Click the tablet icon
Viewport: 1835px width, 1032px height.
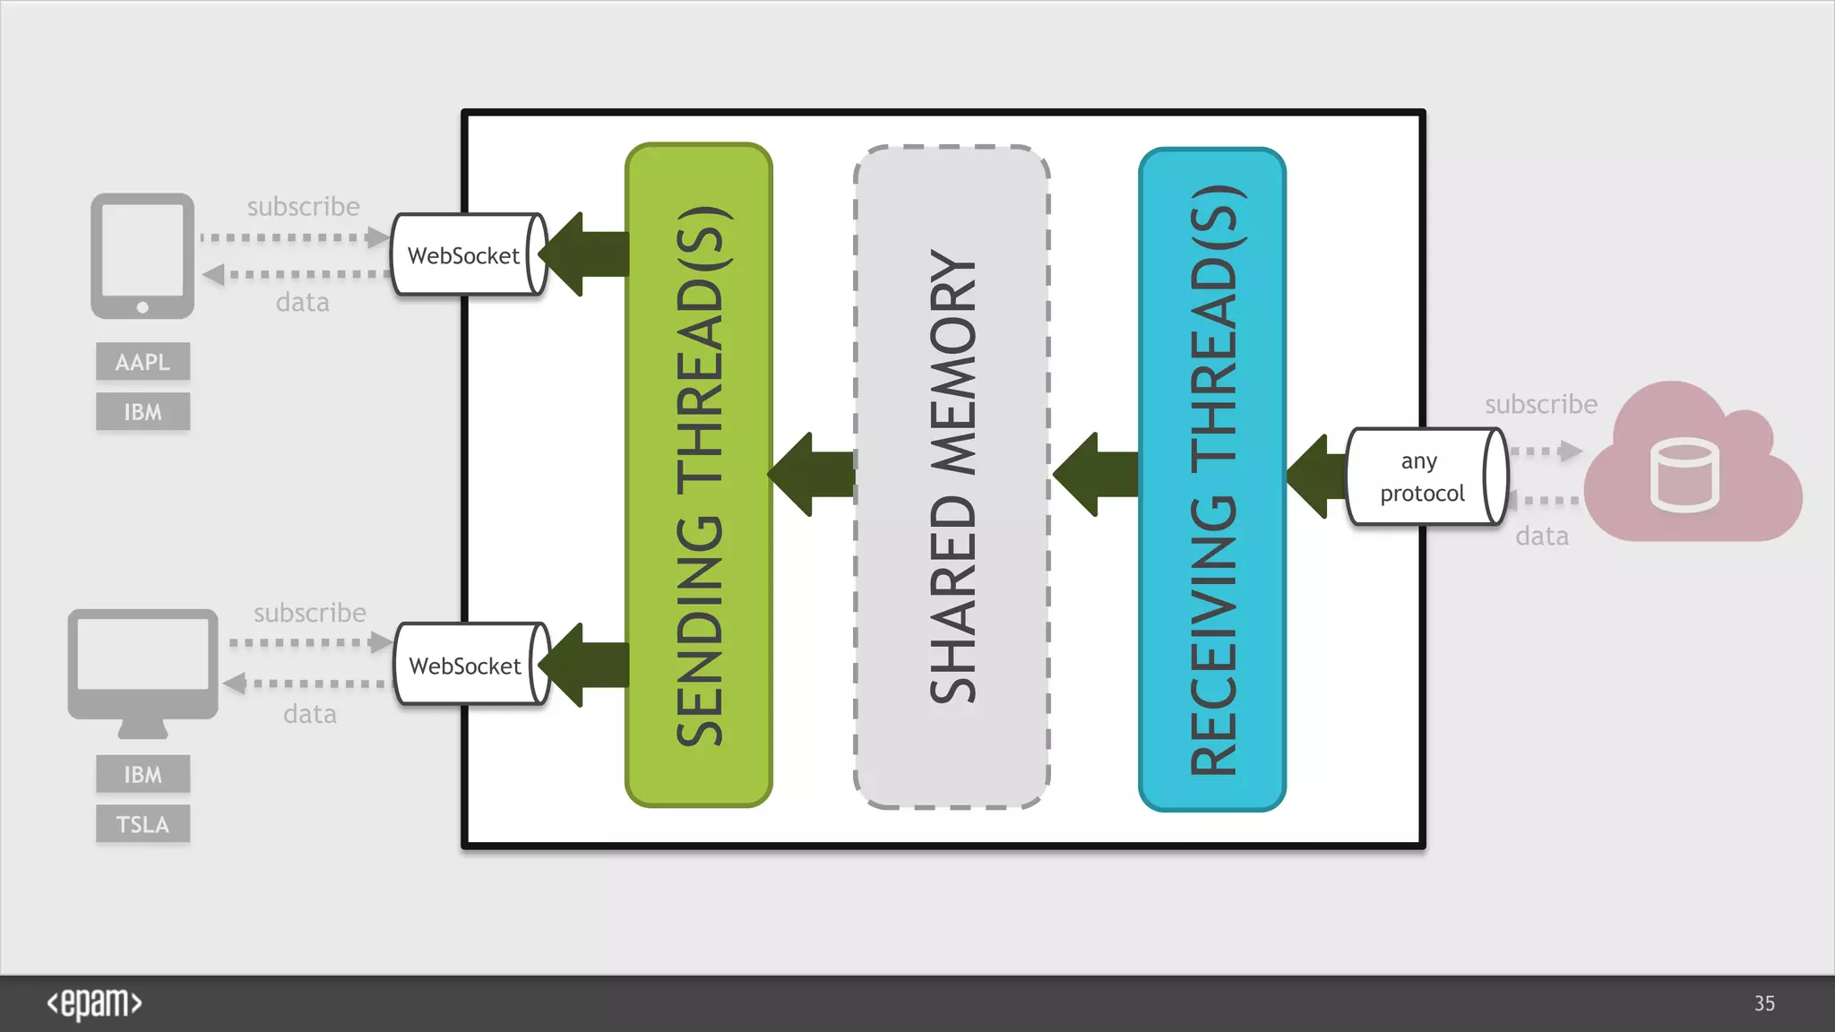click(142, 255)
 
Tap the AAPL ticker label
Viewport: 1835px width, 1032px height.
click(142, 362)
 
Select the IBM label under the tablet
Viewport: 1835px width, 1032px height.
click(142, 412)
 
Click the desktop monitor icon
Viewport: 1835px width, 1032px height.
click(142, 667)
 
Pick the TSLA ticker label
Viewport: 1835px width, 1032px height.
click(142, 824)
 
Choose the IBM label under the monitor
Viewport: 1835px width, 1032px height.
click(142, 774)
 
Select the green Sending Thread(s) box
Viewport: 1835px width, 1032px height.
click(699, 475)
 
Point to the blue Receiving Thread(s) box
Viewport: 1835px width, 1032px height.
click(1212, 479)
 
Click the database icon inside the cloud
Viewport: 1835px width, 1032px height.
click(1684, 475)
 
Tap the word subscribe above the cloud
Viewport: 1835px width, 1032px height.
click(1541, 404)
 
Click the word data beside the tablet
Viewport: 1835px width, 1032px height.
click(303, 303)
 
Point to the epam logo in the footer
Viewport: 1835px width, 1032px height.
click(94, 1003)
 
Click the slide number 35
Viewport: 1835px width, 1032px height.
click(1764, 1003)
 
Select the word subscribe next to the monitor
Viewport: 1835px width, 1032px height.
click(310, 613)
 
